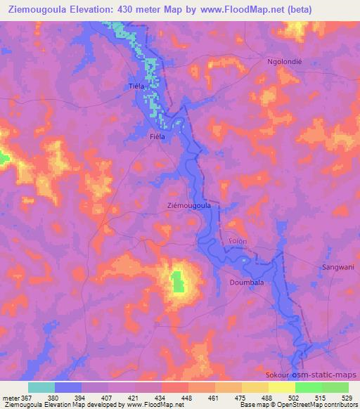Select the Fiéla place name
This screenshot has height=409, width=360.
[x=157, y=137]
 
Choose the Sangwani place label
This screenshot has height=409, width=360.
[x=336, y=268]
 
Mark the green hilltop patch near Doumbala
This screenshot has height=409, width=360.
[x=178, y=281]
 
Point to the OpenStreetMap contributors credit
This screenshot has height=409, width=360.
[x=318, y=405]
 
